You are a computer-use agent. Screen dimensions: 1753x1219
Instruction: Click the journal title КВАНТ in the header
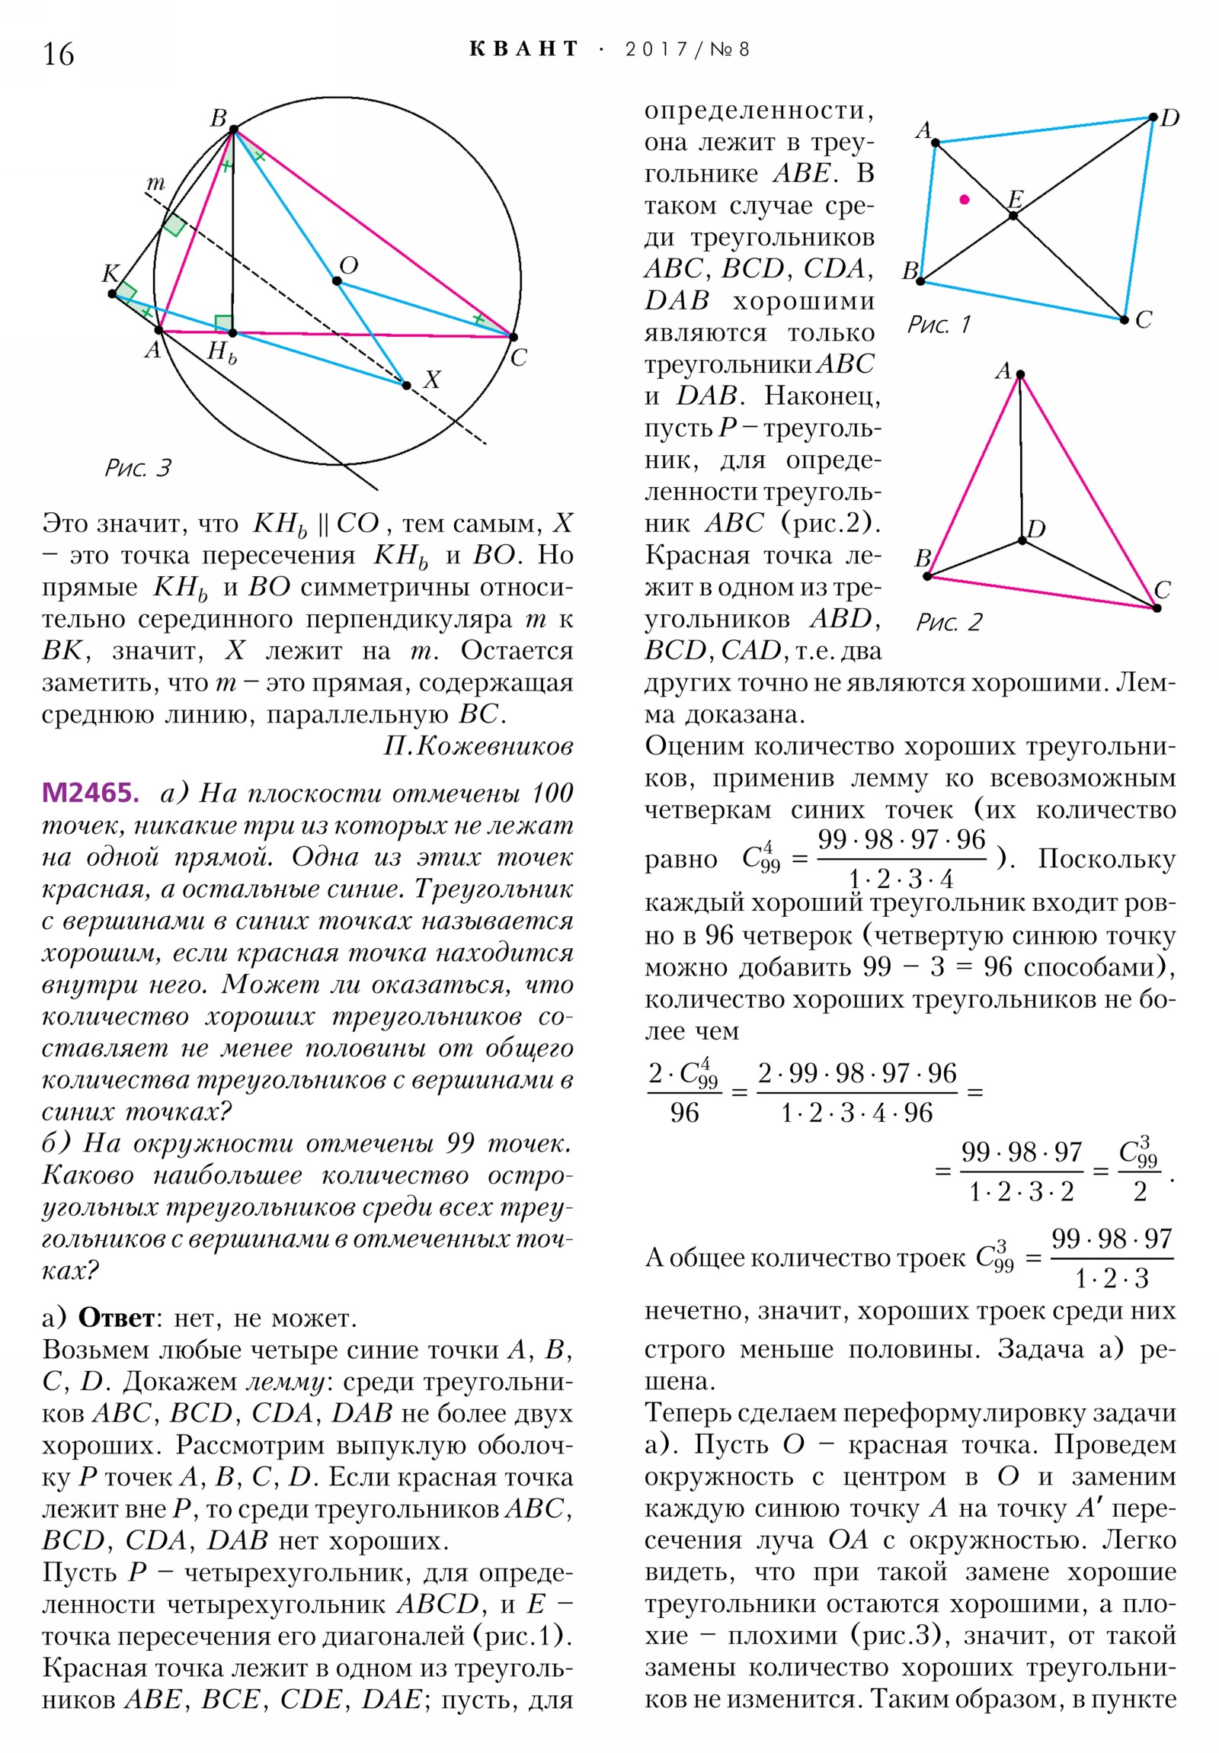pyautogui.click(x=523, y=50)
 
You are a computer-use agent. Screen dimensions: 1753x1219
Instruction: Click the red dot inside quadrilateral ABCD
pyautogui.click(x=964, y=199)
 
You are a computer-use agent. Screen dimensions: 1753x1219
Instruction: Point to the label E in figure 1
pyautogui.click(x=1015, y=199)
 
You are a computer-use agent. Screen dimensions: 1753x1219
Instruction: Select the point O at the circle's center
pyautogui.click(x=337, y=281)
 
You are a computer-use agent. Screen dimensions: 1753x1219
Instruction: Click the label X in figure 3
pyautogui.click(x=432, y=380)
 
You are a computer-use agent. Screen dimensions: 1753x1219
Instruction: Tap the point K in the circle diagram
pyautogui.click(x=112, y=293)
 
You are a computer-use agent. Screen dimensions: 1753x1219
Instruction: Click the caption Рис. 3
pyautogui.click(x=138, y=468)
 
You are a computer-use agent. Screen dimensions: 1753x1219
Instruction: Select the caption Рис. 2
pyautogui.click(x=949, y=623)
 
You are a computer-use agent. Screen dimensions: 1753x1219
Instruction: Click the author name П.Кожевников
pyautogui.click(x=478, y=746)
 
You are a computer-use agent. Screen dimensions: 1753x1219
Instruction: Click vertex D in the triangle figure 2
pyautogui.click(x=1022, y=540)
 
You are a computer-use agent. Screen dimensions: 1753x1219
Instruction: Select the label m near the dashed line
pyautogui.click(x=155, y=183)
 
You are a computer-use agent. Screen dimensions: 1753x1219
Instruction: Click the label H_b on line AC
pyautogui.click(x=222, y=353)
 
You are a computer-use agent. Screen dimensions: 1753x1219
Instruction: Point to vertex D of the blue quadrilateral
pyautogui.click(x=1153, y=117)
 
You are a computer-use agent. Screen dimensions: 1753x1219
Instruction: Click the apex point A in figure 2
pyautogui.click(x=1020, y=374)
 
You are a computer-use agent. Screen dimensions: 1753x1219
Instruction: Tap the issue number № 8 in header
pyautogui.click(x=730, y=50)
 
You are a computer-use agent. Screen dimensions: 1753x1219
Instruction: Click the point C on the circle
pyautogui.click(x=513, y=337)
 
